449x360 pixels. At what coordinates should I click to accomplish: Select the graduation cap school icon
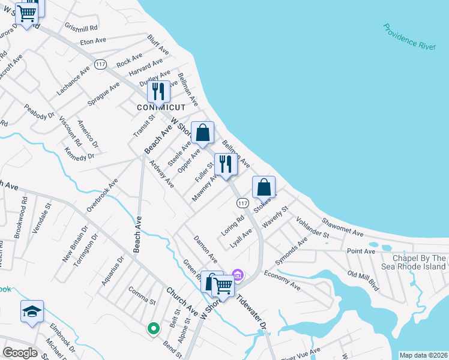click(32, 311)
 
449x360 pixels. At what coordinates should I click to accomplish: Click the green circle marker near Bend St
click(153, 328)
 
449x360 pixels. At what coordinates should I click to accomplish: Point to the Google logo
click(20, 353)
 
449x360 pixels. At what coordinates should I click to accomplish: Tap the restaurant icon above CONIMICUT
click(158, 92)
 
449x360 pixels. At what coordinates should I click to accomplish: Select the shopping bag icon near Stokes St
click(264, 188)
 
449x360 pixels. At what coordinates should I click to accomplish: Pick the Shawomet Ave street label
click(343, 227)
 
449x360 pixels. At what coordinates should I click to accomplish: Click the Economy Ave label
click(282, 280)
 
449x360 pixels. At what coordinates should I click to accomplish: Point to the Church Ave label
click(182, 301)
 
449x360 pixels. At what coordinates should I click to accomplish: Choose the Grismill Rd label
click(81, 28)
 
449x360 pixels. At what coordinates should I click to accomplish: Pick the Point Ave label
click(361, 251)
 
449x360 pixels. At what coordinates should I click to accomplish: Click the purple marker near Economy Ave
click(238, 275)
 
